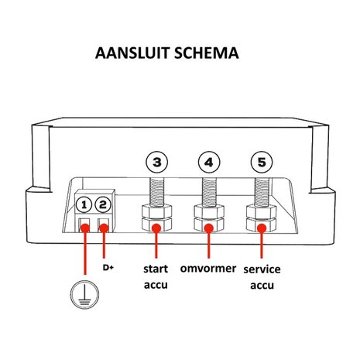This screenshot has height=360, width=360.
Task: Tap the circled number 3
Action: tap(157, 163)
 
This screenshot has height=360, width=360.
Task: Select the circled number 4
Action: tap(208, 163)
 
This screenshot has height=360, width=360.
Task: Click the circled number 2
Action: tap(104, 205)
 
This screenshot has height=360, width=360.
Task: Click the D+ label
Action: tap(109, 268)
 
